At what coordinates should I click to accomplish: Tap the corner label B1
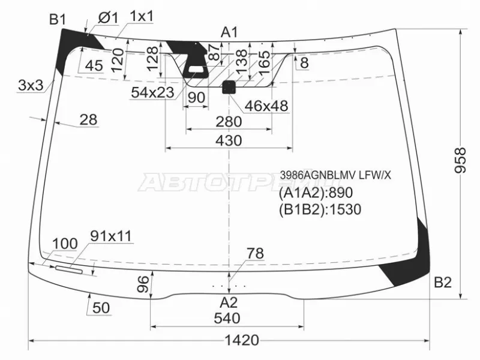(x=58, y=20)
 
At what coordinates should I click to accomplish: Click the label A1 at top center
(x=229, y=32)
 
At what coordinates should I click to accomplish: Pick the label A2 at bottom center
(x=229, y=302)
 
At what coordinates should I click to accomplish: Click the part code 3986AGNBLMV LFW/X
(x=335, y=175)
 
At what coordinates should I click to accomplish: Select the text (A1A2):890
(x=314, y=193)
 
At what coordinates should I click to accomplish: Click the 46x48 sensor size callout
(x=266, y=106)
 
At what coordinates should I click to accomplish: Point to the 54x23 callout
(x=152, y=92)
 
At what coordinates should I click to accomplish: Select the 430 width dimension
(x=228, y=140)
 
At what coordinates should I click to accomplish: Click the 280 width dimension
(x=228, y=122)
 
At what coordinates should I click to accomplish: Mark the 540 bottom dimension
(x=228, y=317)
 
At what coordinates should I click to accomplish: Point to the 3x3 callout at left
(x=30, y=85)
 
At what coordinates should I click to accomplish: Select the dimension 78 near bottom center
(x=255, y=254)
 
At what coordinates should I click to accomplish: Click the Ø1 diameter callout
(x=106, y=19)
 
